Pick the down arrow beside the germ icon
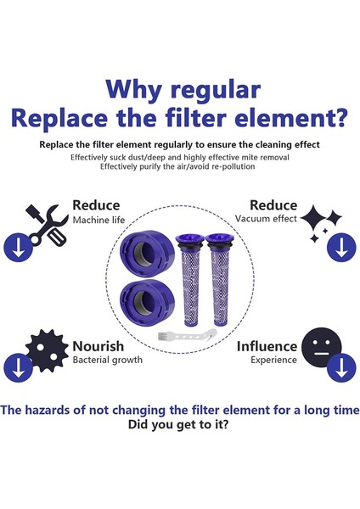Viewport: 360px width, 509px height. coord(17,366)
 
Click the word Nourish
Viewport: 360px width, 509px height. coord(98,346)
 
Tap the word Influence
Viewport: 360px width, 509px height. coord(267,346)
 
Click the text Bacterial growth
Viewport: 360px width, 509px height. coord(107,361)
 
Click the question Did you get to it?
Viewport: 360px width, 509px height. coord(179,426)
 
